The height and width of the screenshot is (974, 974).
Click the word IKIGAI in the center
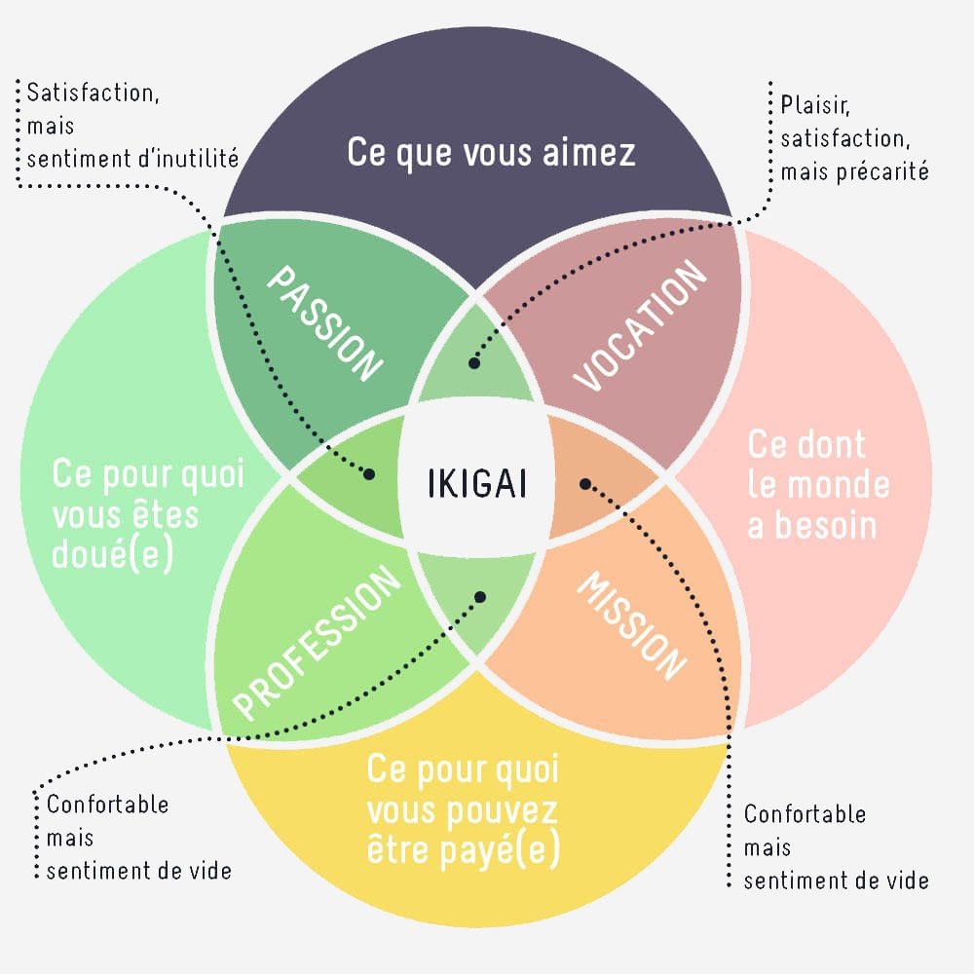[x=477, y=483]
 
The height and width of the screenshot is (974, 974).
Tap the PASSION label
[x=324, y=323]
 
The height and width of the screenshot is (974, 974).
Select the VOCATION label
[x=640, y=325]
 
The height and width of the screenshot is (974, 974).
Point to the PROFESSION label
[x=317, y=642]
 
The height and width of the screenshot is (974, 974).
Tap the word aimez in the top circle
[x=589, y=152]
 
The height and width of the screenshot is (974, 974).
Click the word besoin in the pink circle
[x=811, y=526]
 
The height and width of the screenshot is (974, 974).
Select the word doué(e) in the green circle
[x=112, y=554]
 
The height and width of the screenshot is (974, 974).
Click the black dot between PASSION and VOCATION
[x=474, y=363]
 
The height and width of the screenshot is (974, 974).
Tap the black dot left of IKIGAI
[x=369, y=474]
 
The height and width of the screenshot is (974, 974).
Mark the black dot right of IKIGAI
[x=585, y=483]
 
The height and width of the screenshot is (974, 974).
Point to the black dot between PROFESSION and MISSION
[x=480, y=597]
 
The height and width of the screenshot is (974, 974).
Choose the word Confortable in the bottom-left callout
[x=107, y=805]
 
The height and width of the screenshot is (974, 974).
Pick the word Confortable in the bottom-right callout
[x=805, y=813]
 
